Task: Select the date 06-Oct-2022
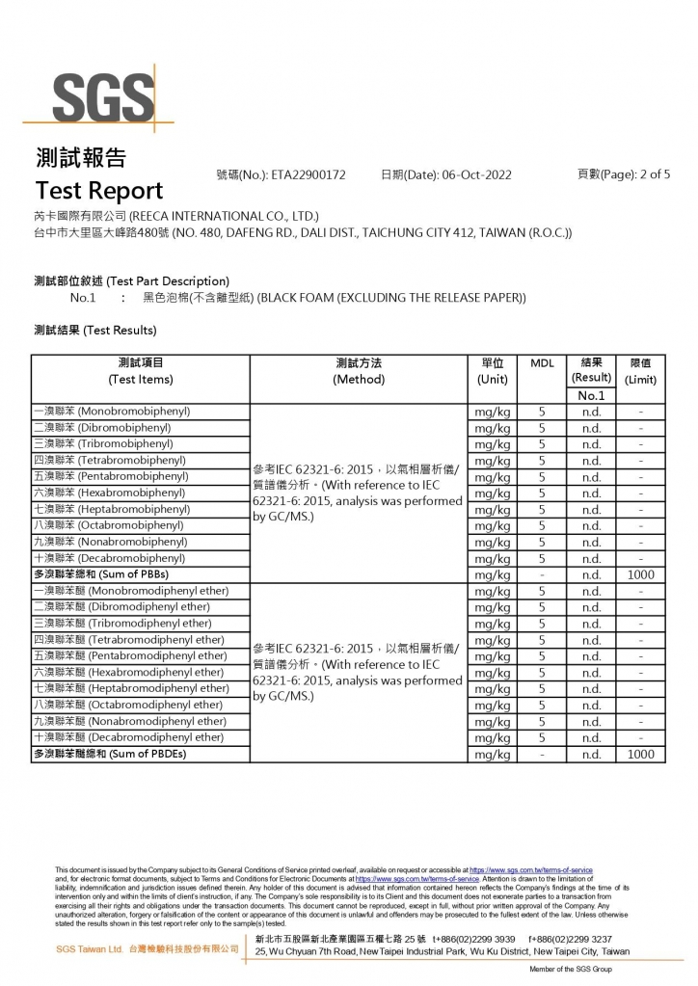click(476, 174)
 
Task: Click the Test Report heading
click(99, 190)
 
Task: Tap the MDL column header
click(542, 363)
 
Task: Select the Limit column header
click(640, 371)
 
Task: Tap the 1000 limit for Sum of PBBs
click(640, 574)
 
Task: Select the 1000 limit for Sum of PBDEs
click(640, 755)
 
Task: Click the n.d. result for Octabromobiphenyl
click(591, 526)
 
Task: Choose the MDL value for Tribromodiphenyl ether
click(542, 624)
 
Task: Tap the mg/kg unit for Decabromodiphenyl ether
click(493, 738)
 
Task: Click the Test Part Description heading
click(131, 280)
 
